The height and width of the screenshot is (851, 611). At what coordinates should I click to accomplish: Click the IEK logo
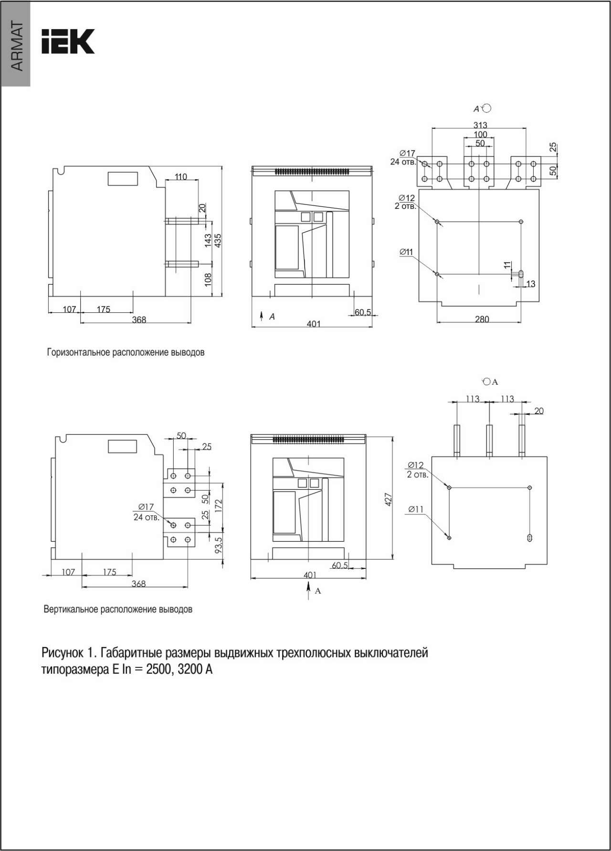pyautogui.click(x=68, y=41)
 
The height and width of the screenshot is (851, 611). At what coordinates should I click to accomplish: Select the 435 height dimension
pyautogui.click(x=218, y=241)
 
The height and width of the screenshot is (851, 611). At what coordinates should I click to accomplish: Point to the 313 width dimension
pyautogui.click(x=480, y=125)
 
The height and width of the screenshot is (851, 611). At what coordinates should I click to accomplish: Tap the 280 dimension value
pyautogui.click(x=482, y=319)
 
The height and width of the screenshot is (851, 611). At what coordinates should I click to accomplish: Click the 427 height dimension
pyautogui.click(x=389, y=500)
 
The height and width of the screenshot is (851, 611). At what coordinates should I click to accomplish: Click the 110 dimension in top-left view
pyautogui.click(x=181, y=177)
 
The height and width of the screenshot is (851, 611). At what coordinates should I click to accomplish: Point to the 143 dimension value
pyautogui.click(x=208, y=240)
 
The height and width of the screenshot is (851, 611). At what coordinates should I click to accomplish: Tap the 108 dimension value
pyautogui.click(x=208, y=279)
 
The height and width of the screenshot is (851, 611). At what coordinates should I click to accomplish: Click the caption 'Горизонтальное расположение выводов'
pyautogui.click(x=126, y=353)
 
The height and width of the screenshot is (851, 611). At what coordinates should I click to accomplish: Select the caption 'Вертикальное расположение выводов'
pyautogui.click(x=118, y=609)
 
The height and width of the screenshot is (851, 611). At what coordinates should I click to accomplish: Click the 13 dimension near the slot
pyautogui.click(x=530, y=284)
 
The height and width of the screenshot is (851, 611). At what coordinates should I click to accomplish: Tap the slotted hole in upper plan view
pyautogui.click(x=521, y=274)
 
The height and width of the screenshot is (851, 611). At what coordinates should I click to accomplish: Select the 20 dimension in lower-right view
pyautogui.click(x=538, y=410)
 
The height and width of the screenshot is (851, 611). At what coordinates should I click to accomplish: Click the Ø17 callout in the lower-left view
pyautogui.click(x=146, y=507)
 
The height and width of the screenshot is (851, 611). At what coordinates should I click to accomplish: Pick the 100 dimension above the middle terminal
pyautogui.click(x=480, y=134)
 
